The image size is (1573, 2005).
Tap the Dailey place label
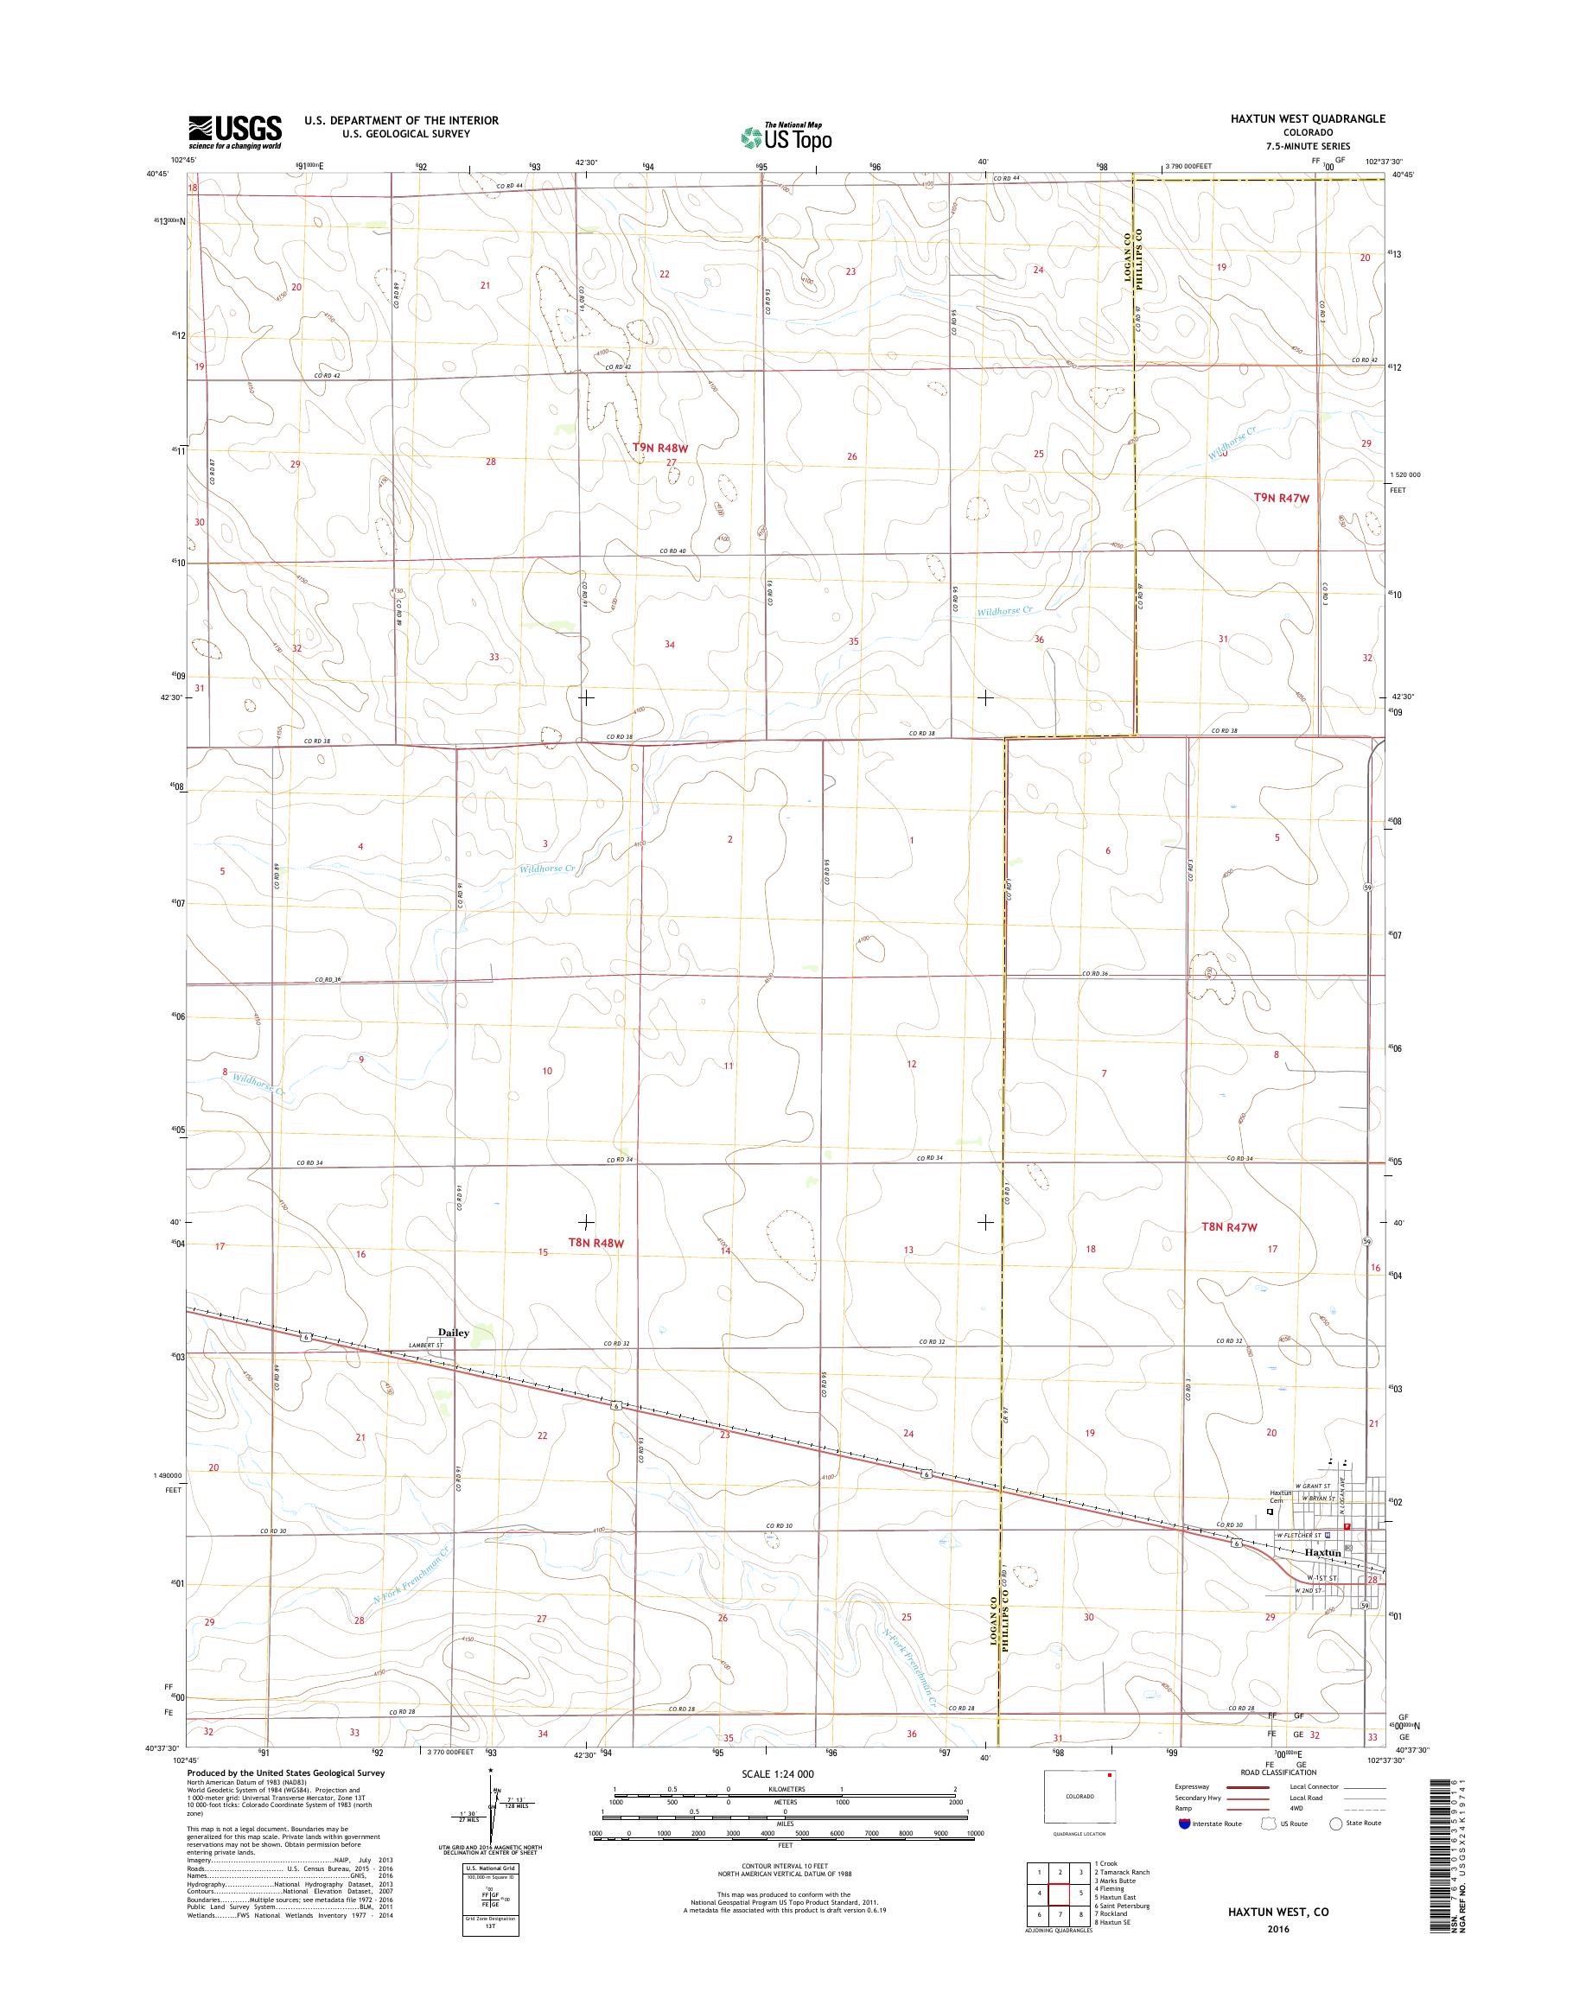(453, 1332)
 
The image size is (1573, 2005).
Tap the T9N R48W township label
(660, 448)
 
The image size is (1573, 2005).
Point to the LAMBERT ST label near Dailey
(427, 1345)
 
